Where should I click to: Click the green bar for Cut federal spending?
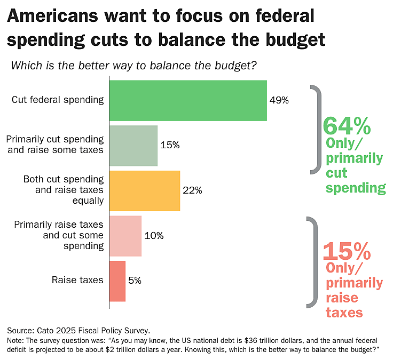pos(188,100)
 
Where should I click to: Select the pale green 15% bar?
pos(133,146)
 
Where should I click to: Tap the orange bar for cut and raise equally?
pos(145,190)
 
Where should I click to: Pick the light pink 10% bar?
pos(125,236)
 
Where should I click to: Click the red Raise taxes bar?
pos(117,281)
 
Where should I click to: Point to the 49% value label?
pos(279,100)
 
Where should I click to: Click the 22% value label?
pos(192,190)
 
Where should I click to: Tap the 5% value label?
pos(135,281)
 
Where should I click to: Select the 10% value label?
pos(154,236)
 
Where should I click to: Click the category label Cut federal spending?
pos(58,100)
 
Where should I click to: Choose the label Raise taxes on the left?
pos(77,281)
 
